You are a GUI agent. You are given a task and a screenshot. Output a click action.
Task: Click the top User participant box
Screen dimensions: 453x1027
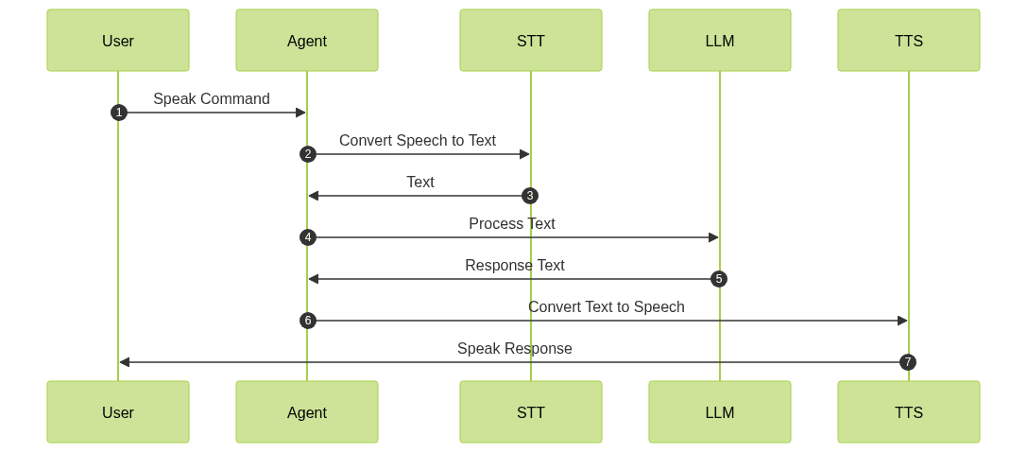tap(118, 41)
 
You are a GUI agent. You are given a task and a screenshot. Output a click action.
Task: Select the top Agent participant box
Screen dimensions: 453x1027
tap(307, 41)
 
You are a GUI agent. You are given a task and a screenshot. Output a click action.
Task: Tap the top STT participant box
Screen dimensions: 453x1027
tap(531, 41)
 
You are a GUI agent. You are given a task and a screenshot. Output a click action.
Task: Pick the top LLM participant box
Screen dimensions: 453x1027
tap(720, 41)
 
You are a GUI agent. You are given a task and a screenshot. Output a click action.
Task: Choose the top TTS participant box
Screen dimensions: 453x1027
tap(909, 41)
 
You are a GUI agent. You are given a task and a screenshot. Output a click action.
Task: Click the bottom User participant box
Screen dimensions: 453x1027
tap(118, 412)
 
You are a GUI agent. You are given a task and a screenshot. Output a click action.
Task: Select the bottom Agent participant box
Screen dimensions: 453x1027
tap(307, 412)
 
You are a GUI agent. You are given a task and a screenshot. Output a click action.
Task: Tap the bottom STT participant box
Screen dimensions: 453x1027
tap(531, 412)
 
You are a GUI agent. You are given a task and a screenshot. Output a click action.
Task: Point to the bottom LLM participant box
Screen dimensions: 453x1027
tap(720, 412)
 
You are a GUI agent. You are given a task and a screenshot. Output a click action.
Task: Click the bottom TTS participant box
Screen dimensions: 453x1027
tap(909, 412)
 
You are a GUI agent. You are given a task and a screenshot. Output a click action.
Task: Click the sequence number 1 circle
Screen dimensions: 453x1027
tap(118, 113)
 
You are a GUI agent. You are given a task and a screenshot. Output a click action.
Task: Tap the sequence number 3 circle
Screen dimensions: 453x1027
tap(530, 196)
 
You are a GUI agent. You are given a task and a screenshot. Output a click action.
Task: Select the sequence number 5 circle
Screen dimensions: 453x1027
tap(719, 279)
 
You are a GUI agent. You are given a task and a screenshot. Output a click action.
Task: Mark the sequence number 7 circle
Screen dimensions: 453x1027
tap(908, 362)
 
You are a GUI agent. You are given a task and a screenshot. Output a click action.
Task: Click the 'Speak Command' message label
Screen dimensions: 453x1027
tap(212, 99)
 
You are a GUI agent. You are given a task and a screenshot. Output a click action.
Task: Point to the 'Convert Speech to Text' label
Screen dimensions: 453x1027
tap(418, 141)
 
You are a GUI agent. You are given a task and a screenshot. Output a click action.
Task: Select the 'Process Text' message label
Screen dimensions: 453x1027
tap(512, 224)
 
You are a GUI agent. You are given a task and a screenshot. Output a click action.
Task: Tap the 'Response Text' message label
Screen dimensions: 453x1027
tap(515, 266)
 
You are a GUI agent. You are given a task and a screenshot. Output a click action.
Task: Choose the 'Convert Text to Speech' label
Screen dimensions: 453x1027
tap(607, 307)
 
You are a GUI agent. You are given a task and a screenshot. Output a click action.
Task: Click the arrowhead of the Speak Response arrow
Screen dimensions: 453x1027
tap(124, 362)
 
